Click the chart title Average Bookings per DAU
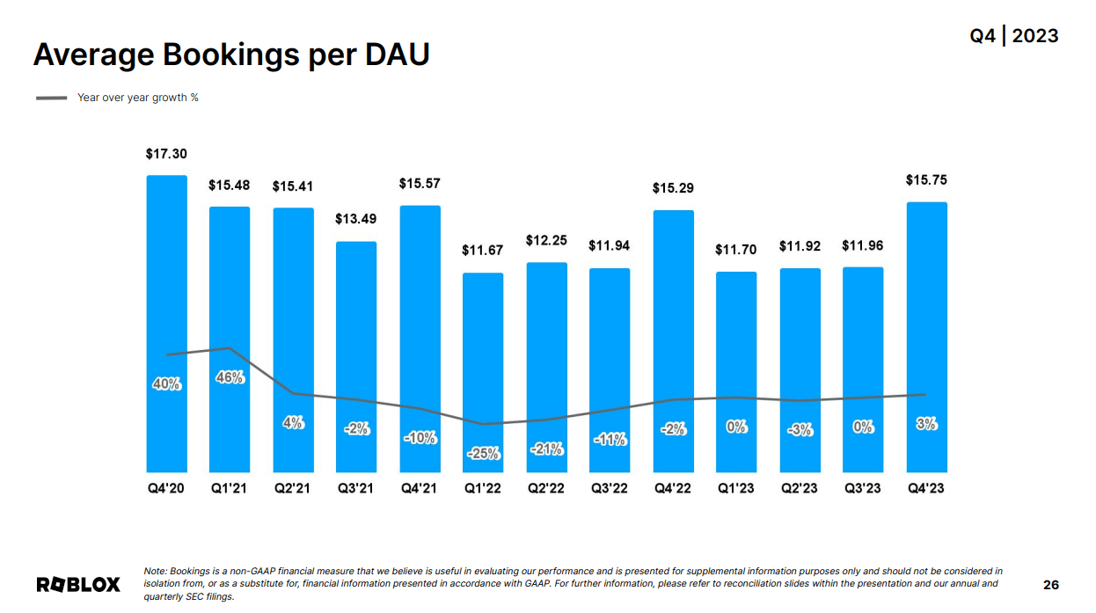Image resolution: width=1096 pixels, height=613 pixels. pos(231,55)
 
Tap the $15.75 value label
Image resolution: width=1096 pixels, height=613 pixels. pos(926,180)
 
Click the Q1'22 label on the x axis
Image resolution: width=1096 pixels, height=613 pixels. pos(483,488)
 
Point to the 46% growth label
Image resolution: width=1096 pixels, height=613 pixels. pos(230,377)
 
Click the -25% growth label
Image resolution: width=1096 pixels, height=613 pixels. pos(483,454)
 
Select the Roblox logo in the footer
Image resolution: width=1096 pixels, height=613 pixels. pos(78,585)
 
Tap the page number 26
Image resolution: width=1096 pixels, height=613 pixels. pos(1051,585)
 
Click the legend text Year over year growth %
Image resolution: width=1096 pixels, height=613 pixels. pos(138,98)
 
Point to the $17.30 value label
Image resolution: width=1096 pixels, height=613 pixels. pos(166,154)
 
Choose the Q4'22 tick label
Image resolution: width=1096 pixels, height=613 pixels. pos(673,488)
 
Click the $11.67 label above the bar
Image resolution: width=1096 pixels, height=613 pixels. pos(483,251)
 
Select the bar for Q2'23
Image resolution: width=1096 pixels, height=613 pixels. pos(800,369)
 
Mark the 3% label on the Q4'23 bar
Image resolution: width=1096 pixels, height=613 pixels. pos(926,424)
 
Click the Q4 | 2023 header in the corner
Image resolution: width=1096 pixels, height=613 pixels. pos(1014,36)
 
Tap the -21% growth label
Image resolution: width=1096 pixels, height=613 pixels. pos(546,449)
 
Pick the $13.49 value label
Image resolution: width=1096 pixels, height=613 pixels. pos(356,219)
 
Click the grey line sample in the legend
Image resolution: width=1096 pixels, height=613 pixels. pos(52,98)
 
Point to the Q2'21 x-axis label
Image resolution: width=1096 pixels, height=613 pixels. pos(293,488)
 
